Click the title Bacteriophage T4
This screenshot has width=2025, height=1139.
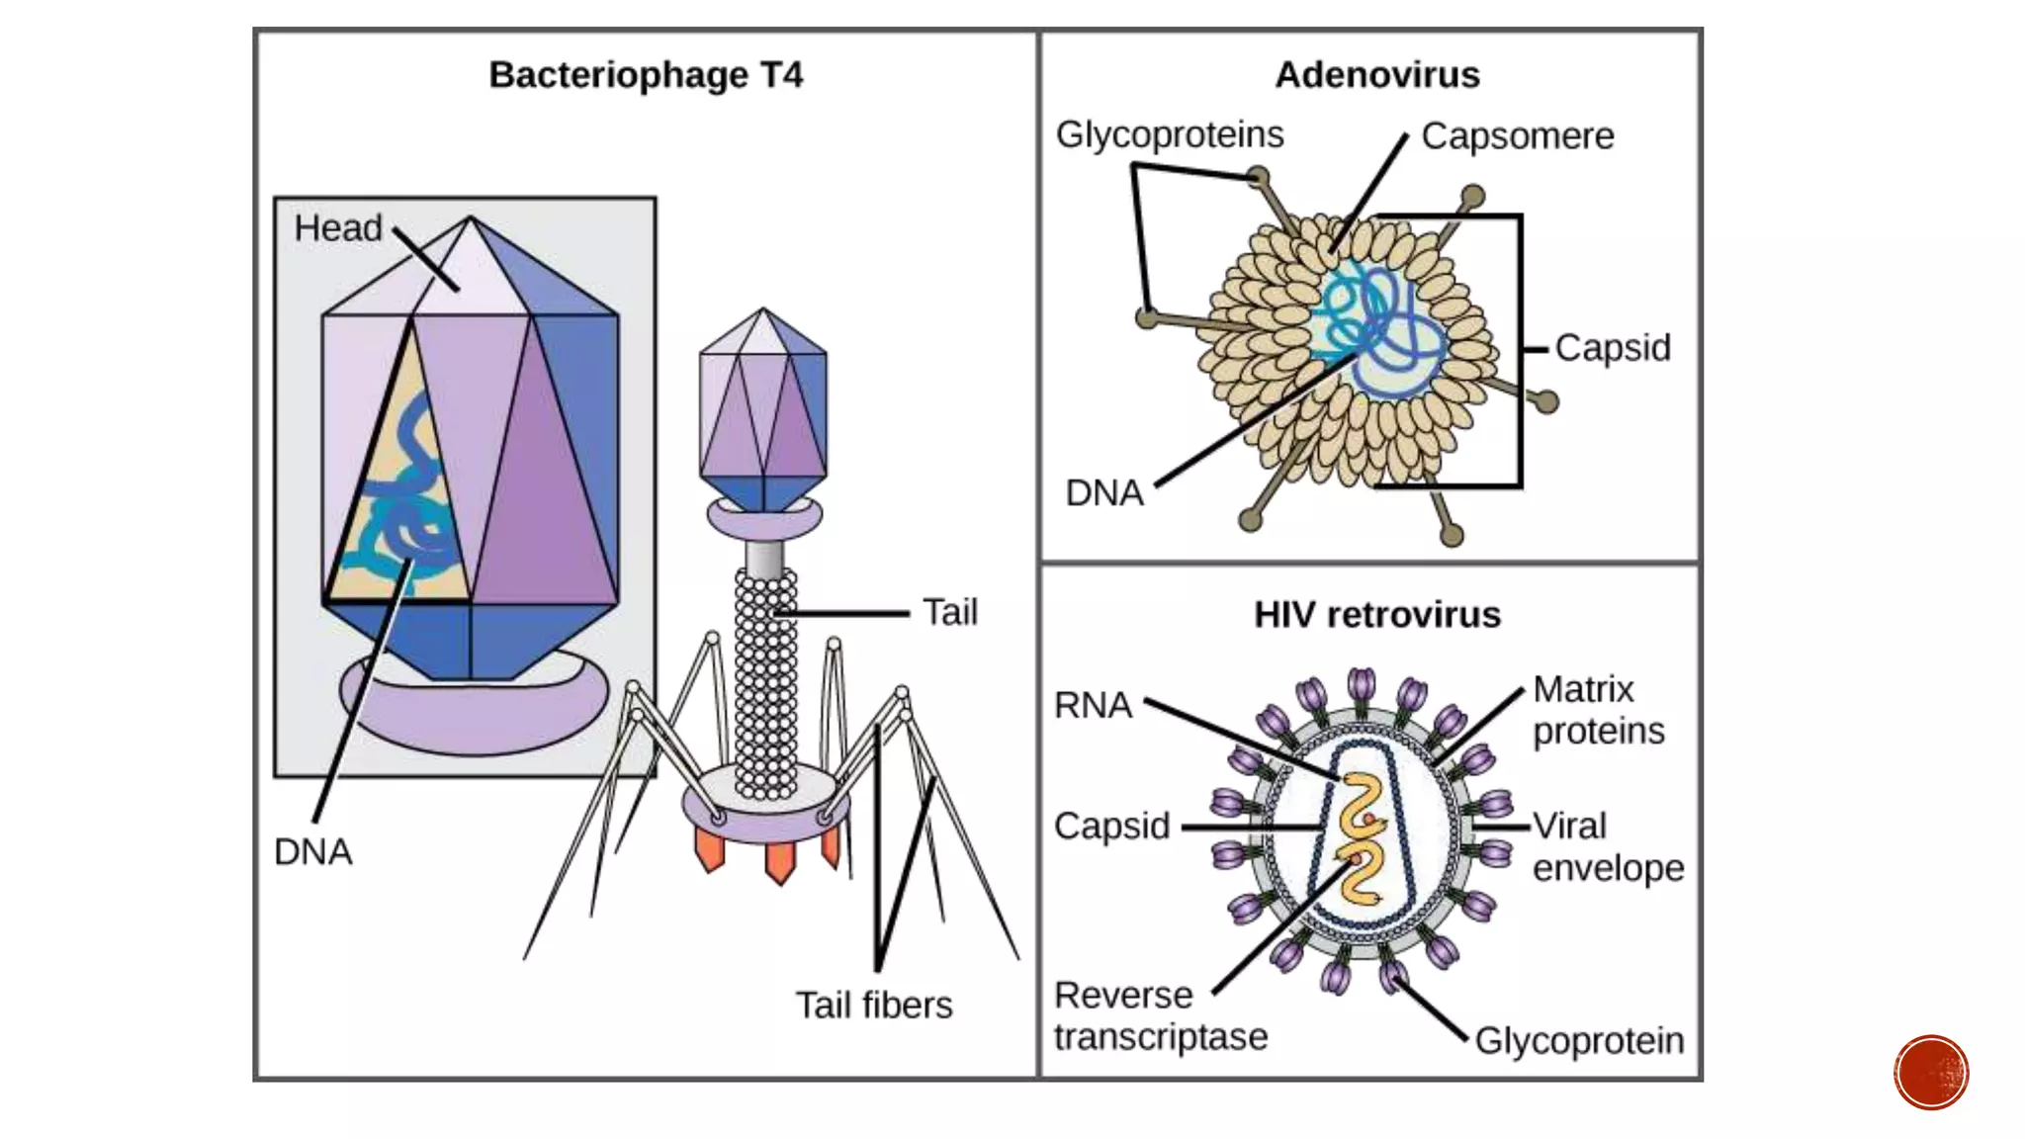(x=646, y=75)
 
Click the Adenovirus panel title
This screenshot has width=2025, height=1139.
(x=1376, y=75)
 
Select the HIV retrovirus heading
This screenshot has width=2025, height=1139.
(x=1376, y=615)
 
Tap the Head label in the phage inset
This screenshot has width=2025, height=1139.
(x=338, y=228)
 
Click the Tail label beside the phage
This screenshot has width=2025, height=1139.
(x=949, y=612)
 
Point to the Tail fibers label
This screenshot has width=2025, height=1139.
(x=874, y=1006)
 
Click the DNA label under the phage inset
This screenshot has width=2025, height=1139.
(x=312, y=851)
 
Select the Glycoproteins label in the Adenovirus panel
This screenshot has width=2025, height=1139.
(x=1170, y=134)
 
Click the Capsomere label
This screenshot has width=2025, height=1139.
(x=1517, y=136)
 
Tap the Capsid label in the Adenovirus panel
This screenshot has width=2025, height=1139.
(x=1612, y=348)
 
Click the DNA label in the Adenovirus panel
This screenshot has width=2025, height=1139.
(x=1103, y=492)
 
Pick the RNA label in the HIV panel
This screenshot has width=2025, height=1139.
(x=1093, y=705)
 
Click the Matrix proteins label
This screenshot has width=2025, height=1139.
(x=1598, y=710)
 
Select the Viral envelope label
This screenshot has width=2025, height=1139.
(x=1608, y=846)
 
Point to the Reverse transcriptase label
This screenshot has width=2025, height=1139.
(x=1160, y=1016)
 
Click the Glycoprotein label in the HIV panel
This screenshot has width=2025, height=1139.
(x=1579, y=1041)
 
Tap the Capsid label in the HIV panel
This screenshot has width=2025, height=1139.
(x=1111, y=826)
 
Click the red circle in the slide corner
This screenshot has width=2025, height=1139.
(x=1931, y=1073)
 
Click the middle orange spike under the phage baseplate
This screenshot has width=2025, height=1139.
(x=779, y=862)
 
